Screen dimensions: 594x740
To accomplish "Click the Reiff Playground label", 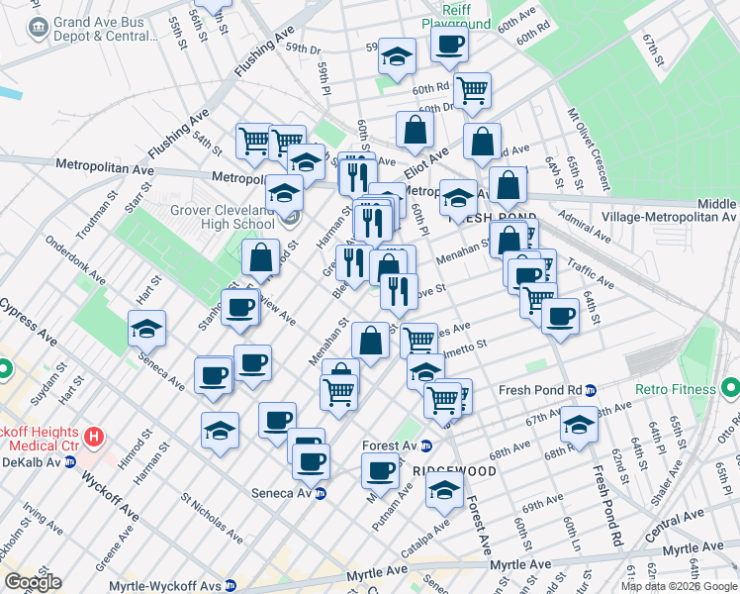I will pyautogui.click(x=456, y=15).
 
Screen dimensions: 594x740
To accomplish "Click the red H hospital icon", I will pyautogui.click(x=94, y=436).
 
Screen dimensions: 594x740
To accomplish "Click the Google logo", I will pyautogui.click(x=33, y=582).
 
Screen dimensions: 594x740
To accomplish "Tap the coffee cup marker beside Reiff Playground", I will pyautogui.click(x=450, y=44).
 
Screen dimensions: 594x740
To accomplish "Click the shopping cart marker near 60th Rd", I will pyautogui.click(x=472, y=90).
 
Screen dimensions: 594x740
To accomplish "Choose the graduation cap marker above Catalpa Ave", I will pyautogui.click(x=445, y=489).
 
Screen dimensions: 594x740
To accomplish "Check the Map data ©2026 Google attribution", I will pyautogui.click(x=679, y=586).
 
